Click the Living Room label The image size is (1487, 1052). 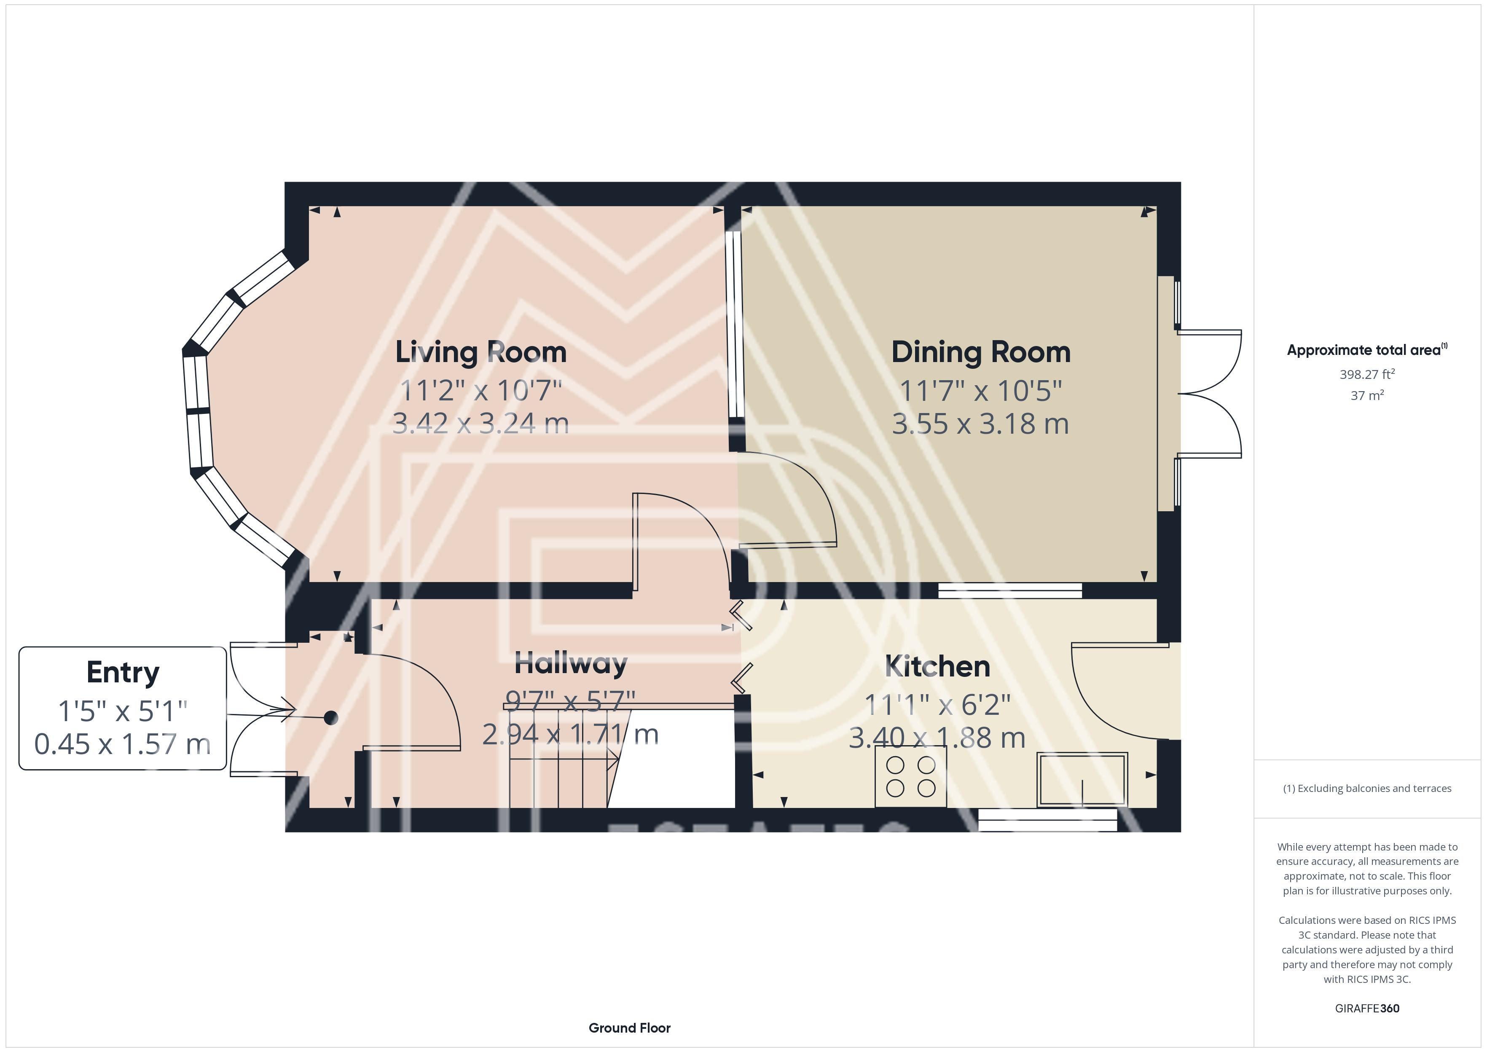pos(480,352)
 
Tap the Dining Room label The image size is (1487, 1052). pos(980,352)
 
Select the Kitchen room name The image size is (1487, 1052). pos(937,667)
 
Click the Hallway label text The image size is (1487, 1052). pos(571,663)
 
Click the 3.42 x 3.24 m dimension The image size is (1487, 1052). pos(480,424)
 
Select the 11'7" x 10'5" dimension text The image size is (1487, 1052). pos(980,391)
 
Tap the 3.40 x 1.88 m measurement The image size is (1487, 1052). pos(937,738)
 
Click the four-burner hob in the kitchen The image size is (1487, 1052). pos(910,776)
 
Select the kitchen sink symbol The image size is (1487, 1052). pos(1082,779)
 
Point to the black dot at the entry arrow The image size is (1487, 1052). pos(331,718)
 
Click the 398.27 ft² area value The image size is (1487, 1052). pos(1367,374)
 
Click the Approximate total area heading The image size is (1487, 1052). pos(1367,350)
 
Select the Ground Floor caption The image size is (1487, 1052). pos(630,1028)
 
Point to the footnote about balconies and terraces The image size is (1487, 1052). pos(1367,788)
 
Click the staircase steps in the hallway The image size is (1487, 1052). pos(558,758)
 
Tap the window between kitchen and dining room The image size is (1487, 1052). pos(1010,590)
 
